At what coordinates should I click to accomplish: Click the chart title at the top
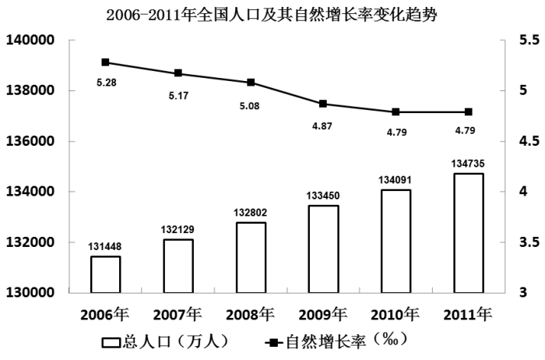coord(272,15)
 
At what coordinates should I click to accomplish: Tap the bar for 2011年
coord(468,232)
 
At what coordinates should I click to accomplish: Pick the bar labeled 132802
coord(251,257)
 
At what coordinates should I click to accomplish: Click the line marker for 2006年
coord(105,62)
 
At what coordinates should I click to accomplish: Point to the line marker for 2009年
coord(323,104)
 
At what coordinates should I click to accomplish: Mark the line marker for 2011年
coord(468,112)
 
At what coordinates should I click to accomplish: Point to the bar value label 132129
coord(178,231)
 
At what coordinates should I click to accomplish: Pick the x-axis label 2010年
coord(396,315)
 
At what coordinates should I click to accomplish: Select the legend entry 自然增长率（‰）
coord(335,341)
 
